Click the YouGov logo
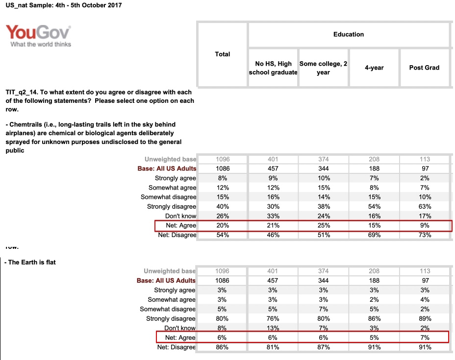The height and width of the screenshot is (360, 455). point(38,33)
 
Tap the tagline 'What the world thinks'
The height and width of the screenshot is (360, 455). point(41,45)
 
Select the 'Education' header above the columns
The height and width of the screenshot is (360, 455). point(349,34)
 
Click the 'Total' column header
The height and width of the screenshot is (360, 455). point(223,54)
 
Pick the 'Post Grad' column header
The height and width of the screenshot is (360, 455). point(424,68)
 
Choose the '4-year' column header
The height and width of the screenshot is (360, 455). point(374,68)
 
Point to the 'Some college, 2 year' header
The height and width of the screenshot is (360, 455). point(323,68)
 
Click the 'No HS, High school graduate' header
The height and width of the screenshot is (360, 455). point(273,68)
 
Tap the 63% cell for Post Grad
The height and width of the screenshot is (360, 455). point(425,207)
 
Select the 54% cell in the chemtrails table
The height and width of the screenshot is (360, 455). point(374,207)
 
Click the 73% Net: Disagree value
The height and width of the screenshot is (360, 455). point(425,235)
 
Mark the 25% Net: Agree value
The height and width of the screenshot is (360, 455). point(323,225)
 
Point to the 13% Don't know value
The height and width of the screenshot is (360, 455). point(273,328)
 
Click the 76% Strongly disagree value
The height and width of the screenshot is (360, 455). point(273,319)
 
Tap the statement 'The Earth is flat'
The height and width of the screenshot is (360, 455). point(32,263)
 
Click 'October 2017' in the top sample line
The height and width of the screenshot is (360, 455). point(99,5)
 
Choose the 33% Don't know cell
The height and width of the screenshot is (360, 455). point(273,216)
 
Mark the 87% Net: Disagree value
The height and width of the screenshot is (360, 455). point(323,347)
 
